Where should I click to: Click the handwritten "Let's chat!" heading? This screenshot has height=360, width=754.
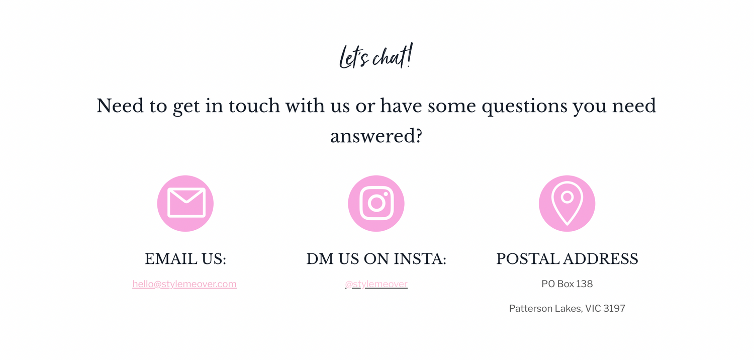tap(376, 56)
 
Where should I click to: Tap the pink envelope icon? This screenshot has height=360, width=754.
tap(185, 204)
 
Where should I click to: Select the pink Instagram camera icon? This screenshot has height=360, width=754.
tap(376, 204)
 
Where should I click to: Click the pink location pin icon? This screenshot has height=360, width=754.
tap(567, 204)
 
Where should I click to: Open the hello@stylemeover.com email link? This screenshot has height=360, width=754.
tap(184, 284)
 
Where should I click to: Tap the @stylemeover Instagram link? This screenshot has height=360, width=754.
tap(376, 284)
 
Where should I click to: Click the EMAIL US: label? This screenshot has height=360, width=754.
tap(185, 259)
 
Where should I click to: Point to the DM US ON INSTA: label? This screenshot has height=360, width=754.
tap(376, 259)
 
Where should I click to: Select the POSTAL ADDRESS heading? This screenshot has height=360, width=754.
tap(567, 259)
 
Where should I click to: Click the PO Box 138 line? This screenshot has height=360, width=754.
tap(567, 284)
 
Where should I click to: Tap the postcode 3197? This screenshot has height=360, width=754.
tap(614, 309)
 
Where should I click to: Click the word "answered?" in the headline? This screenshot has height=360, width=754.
tap(376, 137)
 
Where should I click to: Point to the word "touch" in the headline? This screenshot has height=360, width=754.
tap(254, 106)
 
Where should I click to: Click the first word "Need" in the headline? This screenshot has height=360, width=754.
tap(120, 106)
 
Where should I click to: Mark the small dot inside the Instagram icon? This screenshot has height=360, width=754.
tap(386, 194)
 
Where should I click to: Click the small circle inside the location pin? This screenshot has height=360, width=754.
tap(567, 197)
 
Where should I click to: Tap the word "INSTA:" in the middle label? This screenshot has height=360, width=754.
tap(420, 259)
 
